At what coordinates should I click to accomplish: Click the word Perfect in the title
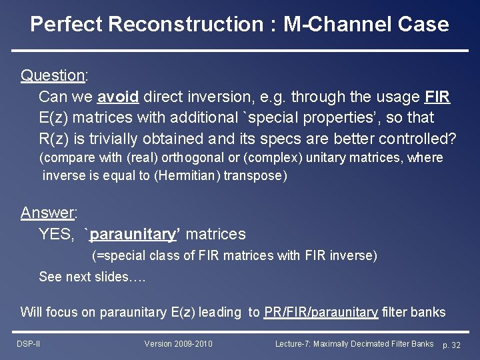pos(66,25)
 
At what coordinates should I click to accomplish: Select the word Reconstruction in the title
pos(185,25)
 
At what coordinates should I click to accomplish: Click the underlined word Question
pos(52,75)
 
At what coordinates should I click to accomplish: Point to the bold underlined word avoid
pos(118,97)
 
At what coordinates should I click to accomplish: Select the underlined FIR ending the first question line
pos(437,97)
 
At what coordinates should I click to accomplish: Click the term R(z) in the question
pos(56,139)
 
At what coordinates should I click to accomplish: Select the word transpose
pos(255,175)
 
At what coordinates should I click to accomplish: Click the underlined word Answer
pos(47,213)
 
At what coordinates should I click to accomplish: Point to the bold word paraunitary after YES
pos(132,234)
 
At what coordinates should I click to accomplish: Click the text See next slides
pos(92,277)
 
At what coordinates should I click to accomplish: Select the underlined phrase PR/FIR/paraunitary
pos(321,312)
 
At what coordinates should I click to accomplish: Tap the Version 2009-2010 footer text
pos(178,344)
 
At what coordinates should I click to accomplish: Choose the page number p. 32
pos(451,345)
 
